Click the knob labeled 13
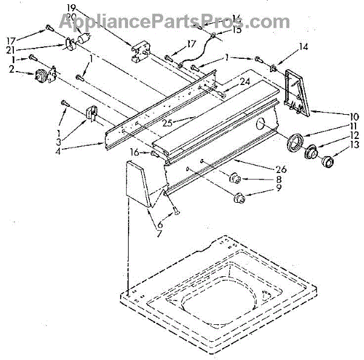(328, 162)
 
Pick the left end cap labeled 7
(140, 185)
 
